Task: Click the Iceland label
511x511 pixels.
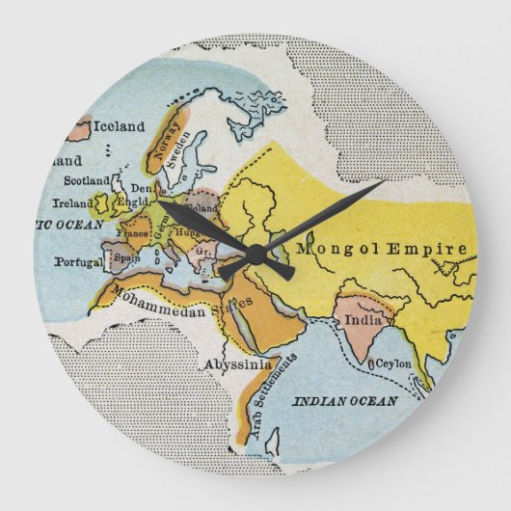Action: tap(120, 126)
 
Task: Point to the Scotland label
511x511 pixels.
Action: tap(87, 180)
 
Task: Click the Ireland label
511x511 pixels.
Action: tap(72, 203)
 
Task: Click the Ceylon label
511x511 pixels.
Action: tap(393, 363)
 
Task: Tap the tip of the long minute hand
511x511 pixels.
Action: tap(385, 181)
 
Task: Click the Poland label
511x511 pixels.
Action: tap(202, 206)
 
